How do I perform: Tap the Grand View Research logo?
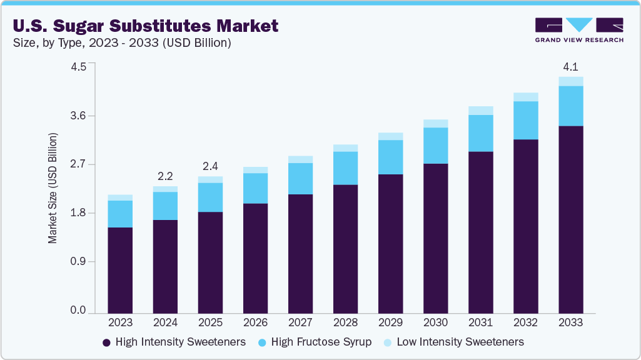pyautogui.click(x=578, y=30)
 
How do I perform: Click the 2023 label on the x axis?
pyautogui.click(x=120, y=322)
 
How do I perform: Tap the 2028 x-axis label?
pyautogui.click(x=345, y=322)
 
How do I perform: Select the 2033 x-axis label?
pyautogui.click(x=570, y=322)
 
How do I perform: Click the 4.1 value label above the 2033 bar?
pyautogui.click(x=570, y=66)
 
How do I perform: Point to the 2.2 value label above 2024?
pyautogui.click(x=165, y=176)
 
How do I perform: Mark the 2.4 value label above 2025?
pyautogui.click(x=210, y=166)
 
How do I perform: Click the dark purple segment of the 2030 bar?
pyautogui.click(x=435, y=237)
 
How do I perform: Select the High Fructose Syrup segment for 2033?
pyautogui.click(x=570, y=106)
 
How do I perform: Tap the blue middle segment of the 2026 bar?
pyautogui.click(x=255, y=188)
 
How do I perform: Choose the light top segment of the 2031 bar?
pyautogui.click(x=480, y=111)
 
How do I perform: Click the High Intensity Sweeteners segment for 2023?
pyautogui.click(x=120, y=270)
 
